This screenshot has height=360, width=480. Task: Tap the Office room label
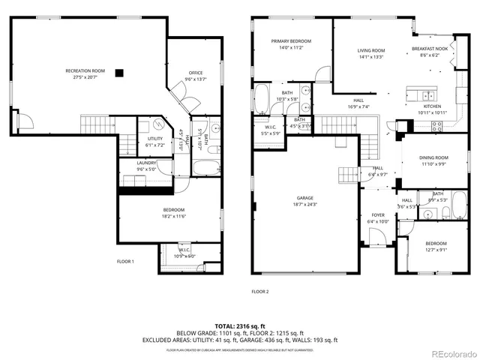pos(195,73)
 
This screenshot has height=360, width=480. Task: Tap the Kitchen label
pos(433,106)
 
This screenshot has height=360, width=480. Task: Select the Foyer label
pos(377,214)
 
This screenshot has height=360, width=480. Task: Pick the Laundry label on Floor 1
pos(146,163)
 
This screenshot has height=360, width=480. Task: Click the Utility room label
pos(155,138)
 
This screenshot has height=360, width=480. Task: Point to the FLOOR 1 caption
pos(125,262)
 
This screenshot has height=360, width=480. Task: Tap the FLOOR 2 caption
pos(259,291)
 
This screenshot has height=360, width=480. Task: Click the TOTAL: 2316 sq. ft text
pos(239,326)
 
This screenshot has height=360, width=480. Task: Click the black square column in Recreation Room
pos(128,72)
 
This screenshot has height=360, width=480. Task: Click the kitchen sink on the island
pos(426,95)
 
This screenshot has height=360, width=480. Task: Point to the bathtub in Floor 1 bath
pos(205,165)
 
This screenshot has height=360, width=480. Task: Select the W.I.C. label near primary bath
pos(269,127)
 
